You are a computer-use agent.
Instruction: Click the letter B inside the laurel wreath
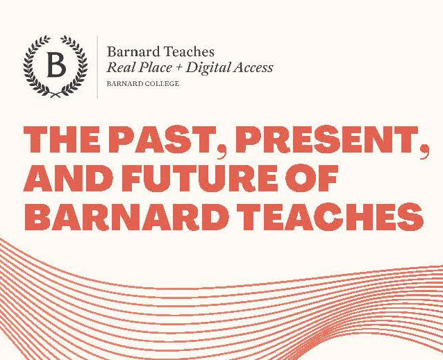click(56, 65)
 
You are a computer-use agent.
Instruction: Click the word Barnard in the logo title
click(134, 51)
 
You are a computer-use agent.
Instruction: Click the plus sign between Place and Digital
click(178, 68)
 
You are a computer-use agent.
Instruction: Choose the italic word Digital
click(208, 68)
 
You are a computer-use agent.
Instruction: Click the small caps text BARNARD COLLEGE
click(143, 84)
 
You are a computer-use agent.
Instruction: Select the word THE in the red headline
click(62, 139)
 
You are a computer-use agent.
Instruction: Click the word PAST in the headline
click(162, 139)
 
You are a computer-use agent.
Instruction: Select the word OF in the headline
click(312, 178)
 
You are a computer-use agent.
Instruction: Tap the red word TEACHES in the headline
click(330, 216)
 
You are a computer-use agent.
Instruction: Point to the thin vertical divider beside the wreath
click(98, 67)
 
